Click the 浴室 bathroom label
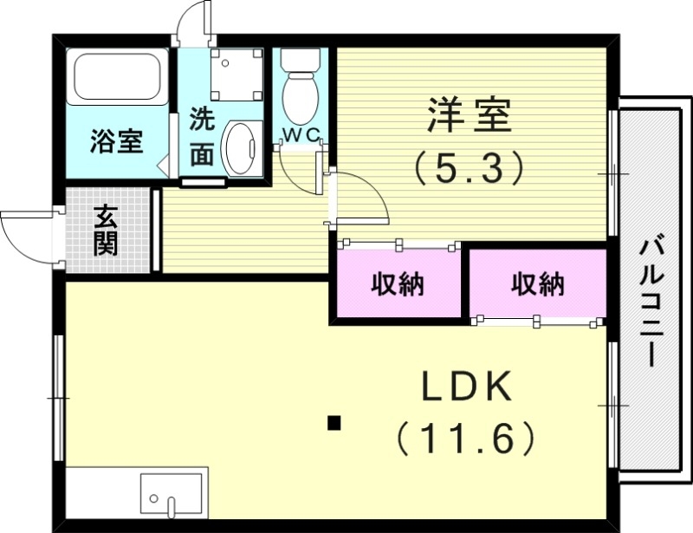117,140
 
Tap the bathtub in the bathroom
119,76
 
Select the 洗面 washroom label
201,136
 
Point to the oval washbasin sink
240,146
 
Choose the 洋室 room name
469,116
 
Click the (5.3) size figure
469,166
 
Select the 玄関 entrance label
106,231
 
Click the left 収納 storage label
398,283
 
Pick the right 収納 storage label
537,283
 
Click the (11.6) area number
467,439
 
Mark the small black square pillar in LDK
334,424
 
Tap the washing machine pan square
235,74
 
